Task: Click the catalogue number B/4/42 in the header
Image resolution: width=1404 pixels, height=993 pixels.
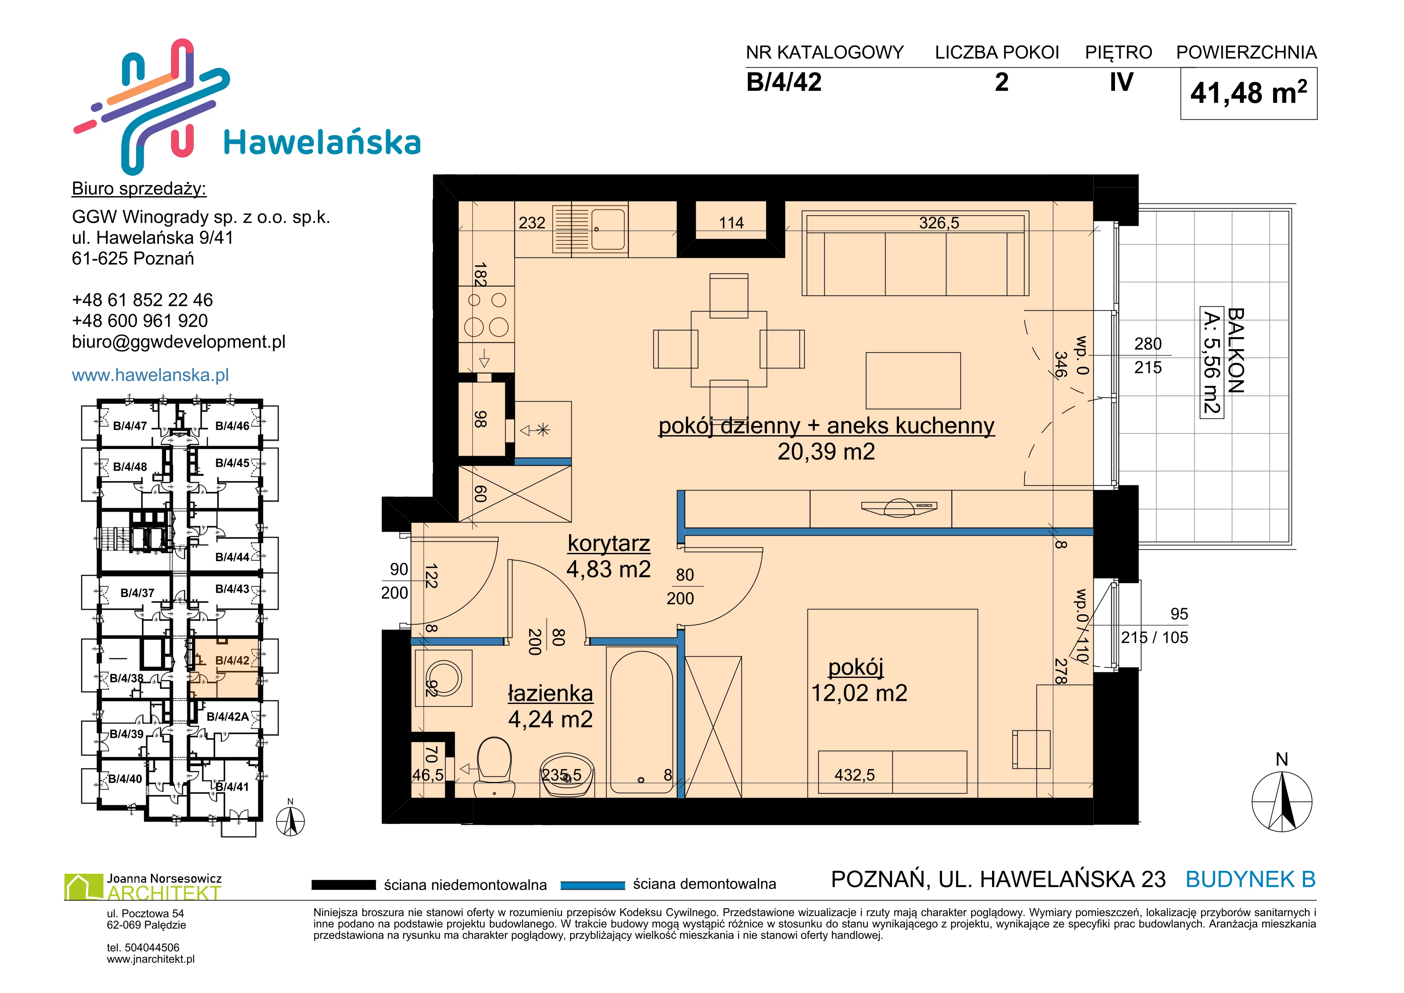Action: (x=784, y=82)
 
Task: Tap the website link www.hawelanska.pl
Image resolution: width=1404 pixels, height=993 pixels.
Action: (x=151, y=375)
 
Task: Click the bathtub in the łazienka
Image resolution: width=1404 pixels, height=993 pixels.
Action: (x=641, y=723)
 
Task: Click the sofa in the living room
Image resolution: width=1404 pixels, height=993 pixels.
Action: (x=916, y=253)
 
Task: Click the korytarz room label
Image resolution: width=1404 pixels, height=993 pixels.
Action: (x=609, y=543)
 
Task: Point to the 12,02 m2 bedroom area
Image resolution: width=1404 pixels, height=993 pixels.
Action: (x=859, y=693)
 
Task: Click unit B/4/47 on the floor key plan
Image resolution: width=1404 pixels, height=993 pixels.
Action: (x=130, y=426)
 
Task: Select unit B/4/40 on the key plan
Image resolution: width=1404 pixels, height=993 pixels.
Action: (x=125, y=778)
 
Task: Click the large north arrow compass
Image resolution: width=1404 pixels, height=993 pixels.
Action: (x=1282, y=800)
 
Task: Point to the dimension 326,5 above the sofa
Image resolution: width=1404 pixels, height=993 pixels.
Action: (x=939, y=223)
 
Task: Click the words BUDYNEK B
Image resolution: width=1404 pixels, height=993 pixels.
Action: (x=1251, y=879)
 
